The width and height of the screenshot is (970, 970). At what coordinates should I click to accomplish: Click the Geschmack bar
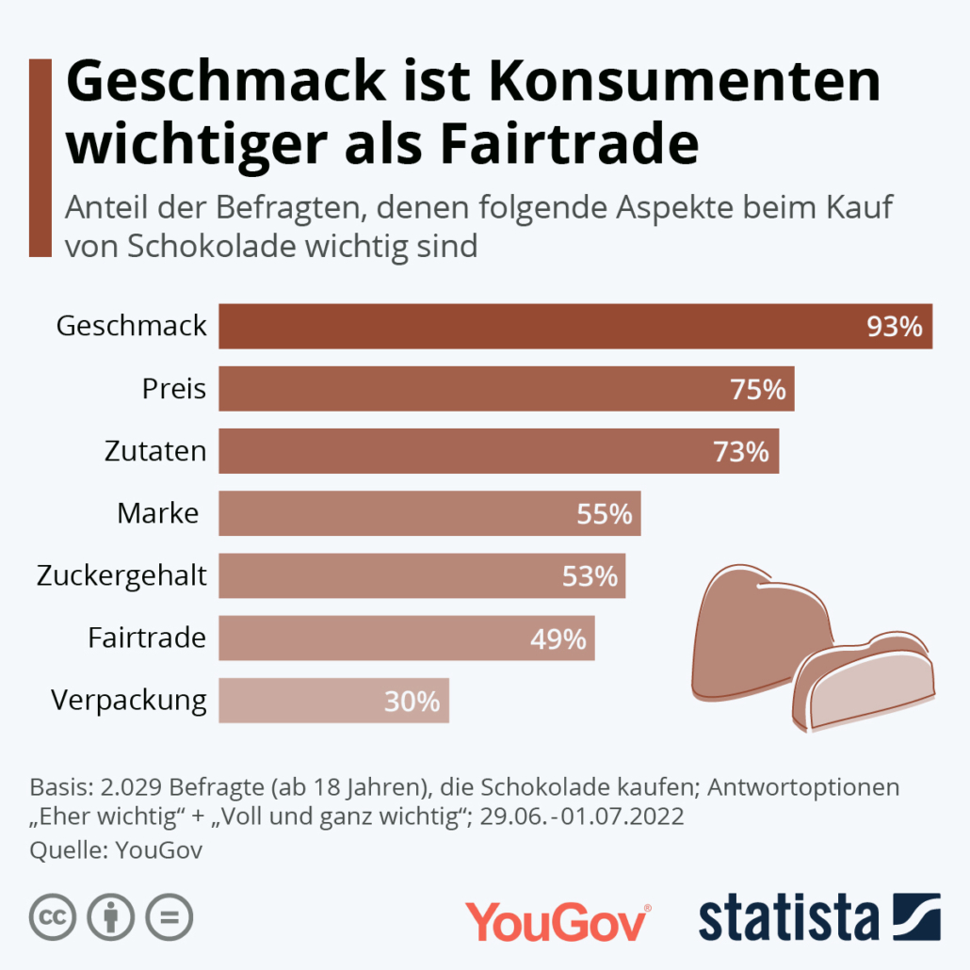coord(574,326)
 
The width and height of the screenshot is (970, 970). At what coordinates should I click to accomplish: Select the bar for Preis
coord(506,388)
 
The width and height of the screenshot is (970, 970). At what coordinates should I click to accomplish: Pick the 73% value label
coord(740,451)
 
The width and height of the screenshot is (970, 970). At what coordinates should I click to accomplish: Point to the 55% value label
coord(604,513)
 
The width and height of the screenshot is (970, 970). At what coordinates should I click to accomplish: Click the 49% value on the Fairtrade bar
coord(558,639)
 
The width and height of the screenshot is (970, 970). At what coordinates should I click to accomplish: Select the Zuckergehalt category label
coord(121,574)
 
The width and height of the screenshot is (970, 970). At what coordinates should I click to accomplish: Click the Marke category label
coord(158,513)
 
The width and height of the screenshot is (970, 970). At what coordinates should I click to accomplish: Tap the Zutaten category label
coord(155,451)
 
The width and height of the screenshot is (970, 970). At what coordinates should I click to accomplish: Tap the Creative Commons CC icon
coord(53,915)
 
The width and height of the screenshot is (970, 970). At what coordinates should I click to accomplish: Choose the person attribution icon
coord(111,915)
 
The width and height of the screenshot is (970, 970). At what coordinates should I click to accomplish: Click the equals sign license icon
coord(170,915)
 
